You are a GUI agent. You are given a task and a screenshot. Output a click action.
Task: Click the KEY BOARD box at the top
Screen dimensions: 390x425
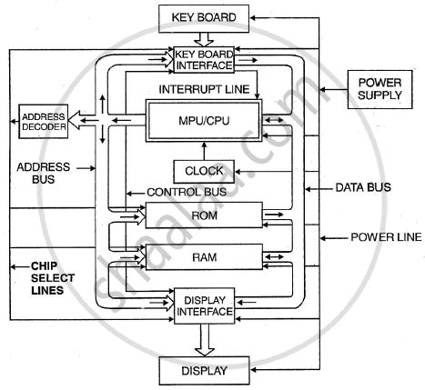(204, 17)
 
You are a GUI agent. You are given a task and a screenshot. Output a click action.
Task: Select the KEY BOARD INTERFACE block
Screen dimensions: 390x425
(204, 59)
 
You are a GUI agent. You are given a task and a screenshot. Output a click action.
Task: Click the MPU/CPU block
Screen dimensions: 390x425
(204, 121)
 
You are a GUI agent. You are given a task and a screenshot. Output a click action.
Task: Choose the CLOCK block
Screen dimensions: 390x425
(204, 170)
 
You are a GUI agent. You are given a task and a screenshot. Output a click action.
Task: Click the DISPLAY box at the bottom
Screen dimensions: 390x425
(204, 371)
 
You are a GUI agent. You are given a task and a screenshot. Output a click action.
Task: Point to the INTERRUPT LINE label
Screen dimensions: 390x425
(204, 90)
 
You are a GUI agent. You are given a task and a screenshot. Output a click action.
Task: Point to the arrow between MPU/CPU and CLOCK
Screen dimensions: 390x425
(204, 150)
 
